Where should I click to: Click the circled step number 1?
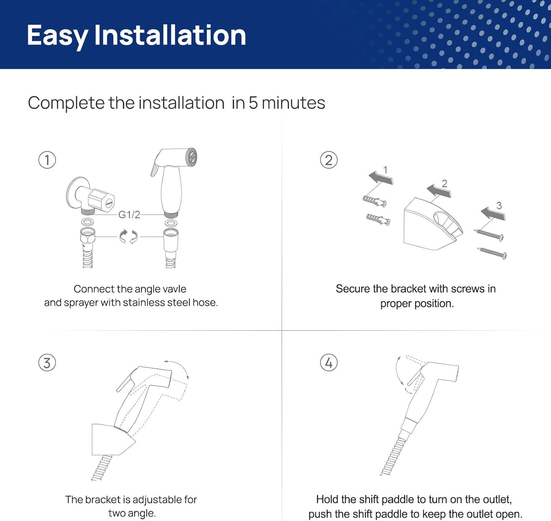(47, 160)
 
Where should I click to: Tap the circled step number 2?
(329, 160)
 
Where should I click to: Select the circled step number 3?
(47, 363)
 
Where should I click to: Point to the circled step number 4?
(329, 363)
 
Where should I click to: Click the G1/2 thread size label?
(129, 214)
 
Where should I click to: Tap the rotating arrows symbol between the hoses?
(129, 237)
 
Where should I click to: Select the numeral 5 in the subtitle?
(253, 103)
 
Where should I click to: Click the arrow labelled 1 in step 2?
(381, 178)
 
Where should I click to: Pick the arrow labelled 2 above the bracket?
(439, 191)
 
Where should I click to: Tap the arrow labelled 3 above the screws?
(493, 214)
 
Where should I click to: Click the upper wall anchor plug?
(375, 201)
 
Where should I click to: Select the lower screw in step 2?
(492, 253)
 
